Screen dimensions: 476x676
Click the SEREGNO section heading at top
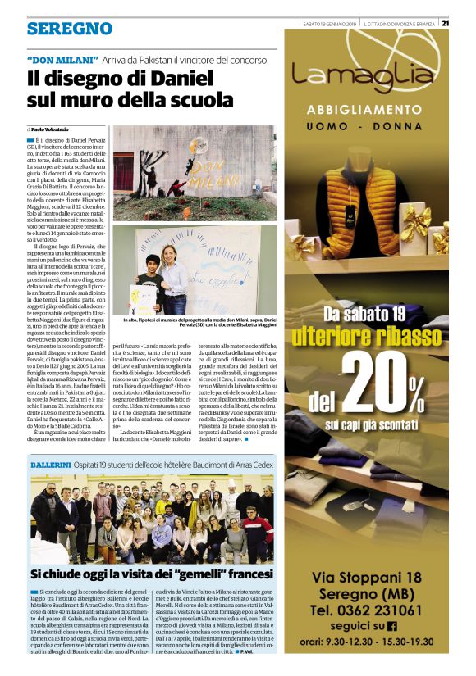point(69,29)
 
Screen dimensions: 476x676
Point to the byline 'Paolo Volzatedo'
point(52,129)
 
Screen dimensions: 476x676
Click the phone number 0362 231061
point(381,610)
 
